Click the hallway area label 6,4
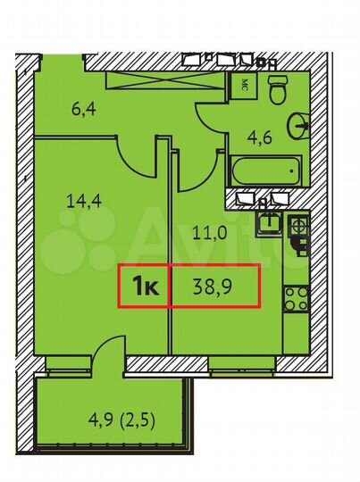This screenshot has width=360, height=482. point(83,112)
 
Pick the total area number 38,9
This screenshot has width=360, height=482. point(214,287)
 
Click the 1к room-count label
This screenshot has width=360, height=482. point(146,287)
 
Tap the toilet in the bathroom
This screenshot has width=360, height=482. point(275,89)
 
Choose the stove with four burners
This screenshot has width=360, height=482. point(295,298)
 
